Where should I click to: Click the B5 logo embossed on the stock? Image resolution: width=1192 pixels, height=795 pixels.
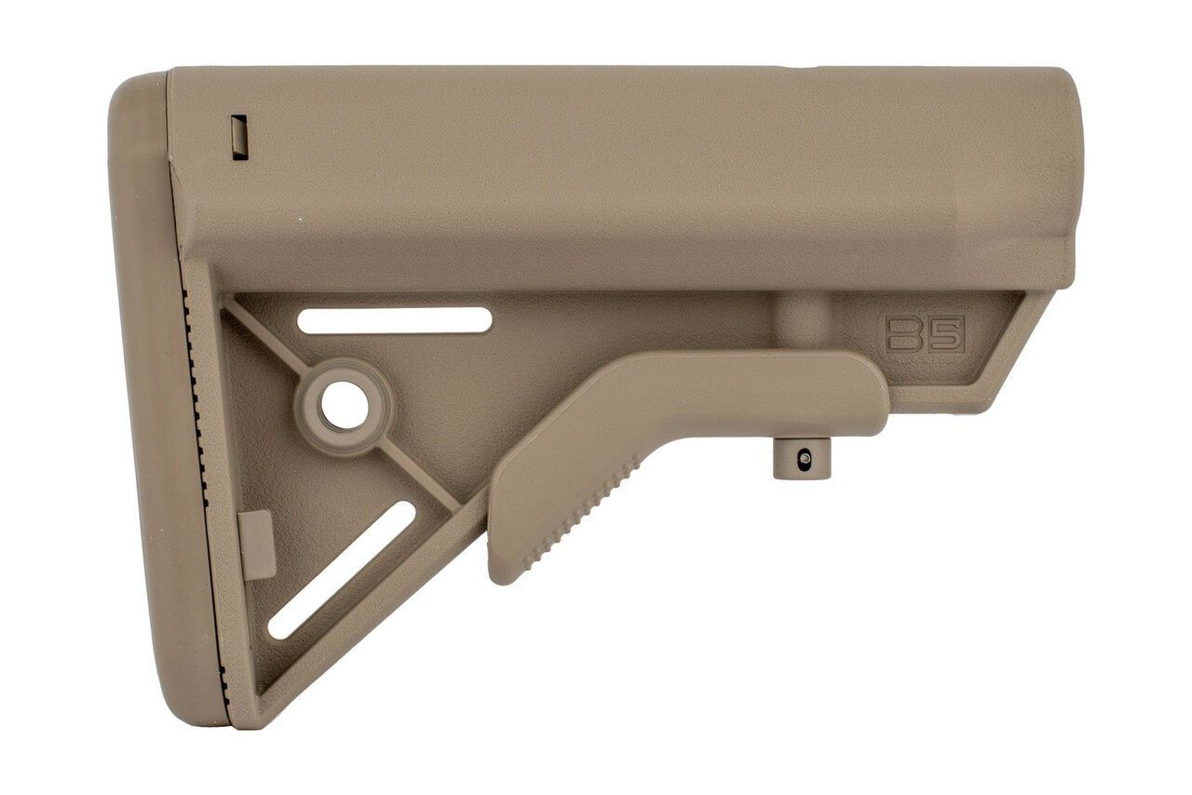[925, 334]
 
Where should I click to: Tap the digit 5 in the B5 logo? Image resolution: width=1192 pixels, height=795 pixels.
[945, 334]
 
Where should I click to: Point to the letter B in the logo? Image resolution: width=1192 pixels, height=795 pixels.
[904, 334]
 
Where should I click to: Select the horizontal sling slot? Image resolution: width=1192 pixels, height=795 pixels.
[394, 320]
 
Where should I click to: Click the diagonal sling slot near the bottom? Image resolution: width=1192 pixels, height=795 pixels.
[342, 570]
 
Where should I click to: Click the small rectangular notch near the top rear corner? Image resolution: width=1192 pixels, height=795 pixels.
[239, 137]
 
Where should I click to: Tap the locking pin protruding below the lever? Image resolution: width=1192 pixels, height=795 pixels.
[802, 458]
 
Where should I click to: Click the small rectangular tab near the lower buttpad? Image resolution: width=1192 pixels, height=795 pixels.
[257, 545]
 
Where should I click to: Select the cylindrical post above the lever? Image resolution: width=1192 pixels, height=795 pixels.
[803, 320]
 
